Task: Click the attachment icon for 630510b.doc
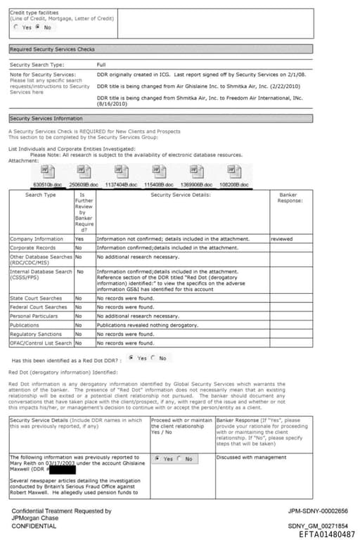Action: click(47, 172)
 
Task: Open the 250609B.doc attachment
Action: click(84, 172)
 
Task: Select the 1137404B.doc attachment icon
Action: click(120, 172)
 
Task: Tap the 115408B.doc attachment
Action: click(157, 172)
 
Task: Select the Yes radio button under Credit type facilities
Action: click(16, 27)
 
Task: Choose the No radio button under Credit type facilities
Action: click(37, 27)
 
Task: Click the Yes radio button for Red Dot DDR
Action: click(131, 358)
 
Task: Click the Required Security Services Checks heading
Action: click(52, 49)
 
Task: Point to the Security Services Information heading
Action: click(46, 119)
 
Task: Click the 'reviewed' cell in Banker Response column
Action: click(282, 239)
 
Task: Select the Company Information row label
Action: click(37, 239)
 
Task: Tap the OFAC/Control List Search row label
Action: click(41, 343)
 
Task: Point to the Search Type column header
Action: click(40, 195)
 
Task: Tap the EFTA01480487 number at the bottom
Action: click(327, 535)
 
